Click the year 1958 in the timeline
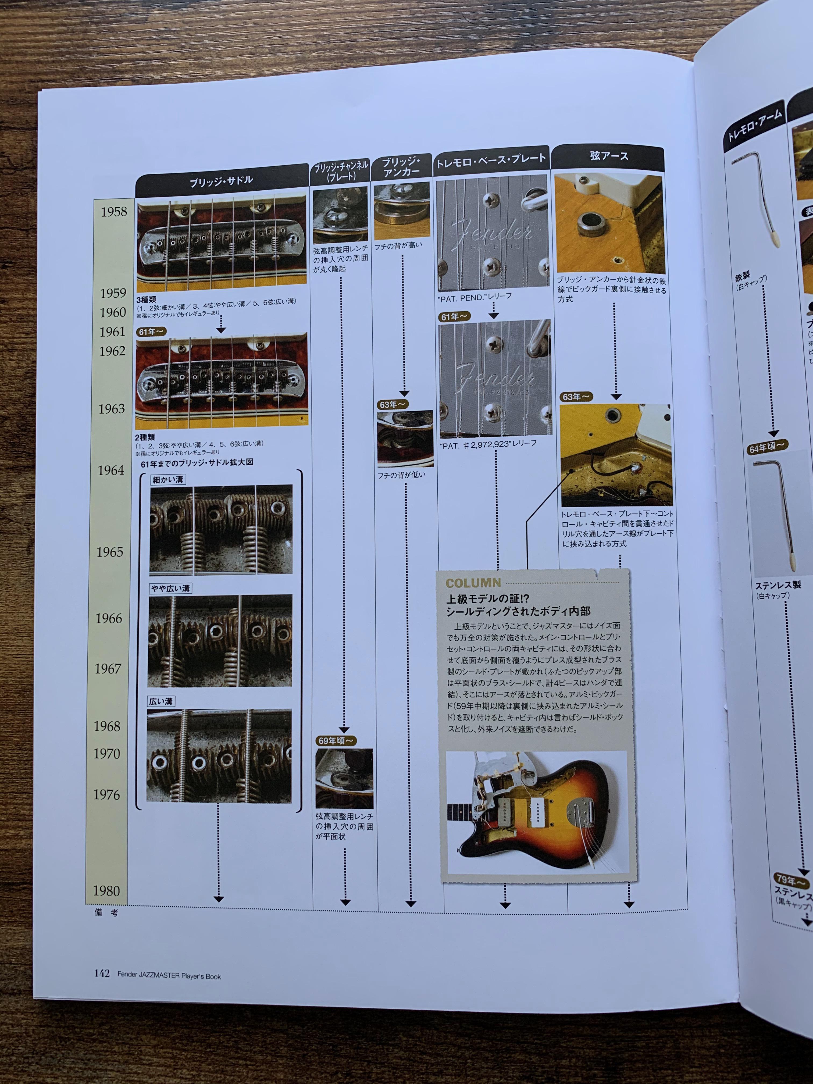point(114,212)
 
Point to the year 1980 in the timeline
point(106,891)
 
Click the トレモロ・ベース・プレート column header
point(491,159)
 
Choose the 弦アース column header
point(609,156)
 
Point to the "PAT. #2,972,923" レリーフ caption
point(488,444)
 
